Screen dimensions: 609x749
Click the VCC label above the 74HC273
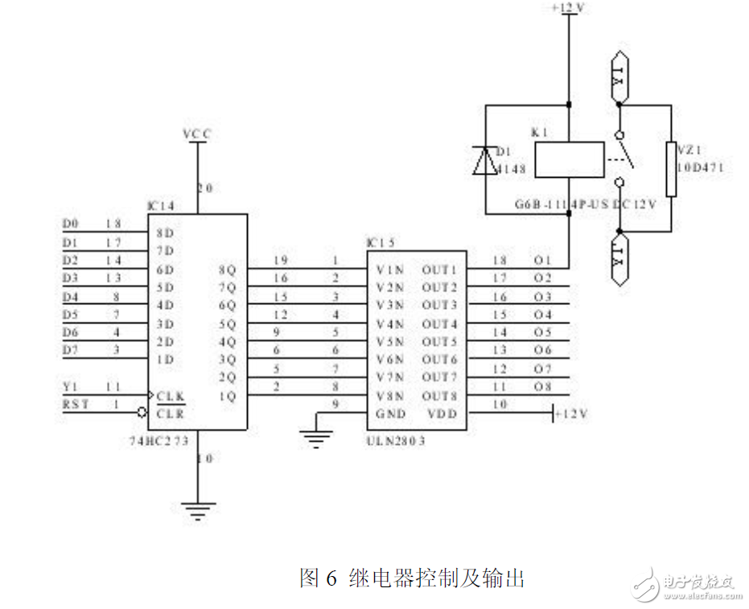point(196,135)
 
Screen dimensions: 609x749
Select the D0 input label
point(71,222)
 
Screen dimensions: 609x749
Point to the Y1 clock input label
point(71,386)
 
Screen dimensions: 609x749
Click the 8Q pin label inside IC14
point(227,270)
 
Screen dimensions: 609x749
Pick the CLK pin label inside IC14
point(171,396)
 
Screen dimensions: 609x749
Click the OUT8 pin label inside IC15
point(439,396)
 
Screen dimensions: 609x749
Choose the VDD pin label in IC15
point(440,414)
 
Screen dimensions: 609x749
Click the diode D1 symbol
point(485,160)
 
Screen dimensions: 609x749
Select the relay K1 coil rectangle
point(568,159)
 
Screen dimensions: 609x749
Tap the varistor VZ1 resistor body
point(670,169)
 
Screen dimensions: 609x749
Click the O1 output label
point(542,261)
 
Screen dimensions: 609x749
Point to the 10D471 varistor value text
point(700,167)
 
